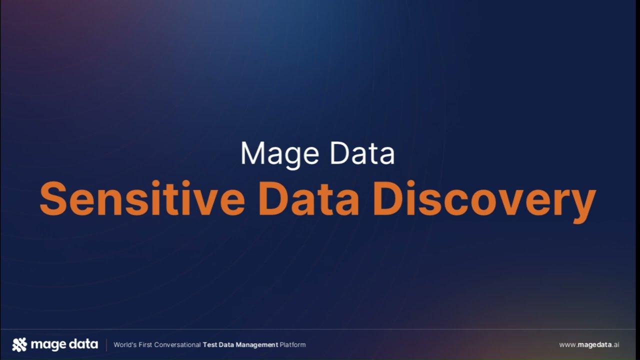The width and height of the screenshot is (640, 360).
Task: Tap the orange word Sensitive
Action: point(142,198)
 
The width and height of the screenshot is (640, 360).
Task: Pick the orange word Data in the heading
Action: point(309,198)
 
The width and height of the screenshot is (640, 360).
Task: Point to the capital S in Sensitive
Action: point(53,198)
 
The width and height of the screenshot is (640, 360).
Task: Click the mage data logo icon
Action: point(19,344)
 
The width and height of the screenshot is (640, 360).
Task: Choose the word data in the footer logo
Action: point(83,344)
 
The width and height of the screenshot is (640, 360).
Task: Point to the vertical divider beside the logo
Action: point(106,344)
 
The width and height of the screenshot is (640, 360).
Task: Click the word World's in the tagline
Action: point(124,344)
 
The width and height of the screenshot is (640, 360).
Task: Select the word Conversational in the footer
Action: point(177,344)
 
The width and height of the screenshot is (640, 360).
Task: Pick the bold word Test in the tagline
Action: point(209,344)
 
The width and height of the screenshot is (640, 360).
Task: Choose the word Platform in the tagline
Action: point(292,344)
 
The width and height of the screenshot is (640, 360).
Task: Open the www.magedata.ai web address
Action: point(589,344)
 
